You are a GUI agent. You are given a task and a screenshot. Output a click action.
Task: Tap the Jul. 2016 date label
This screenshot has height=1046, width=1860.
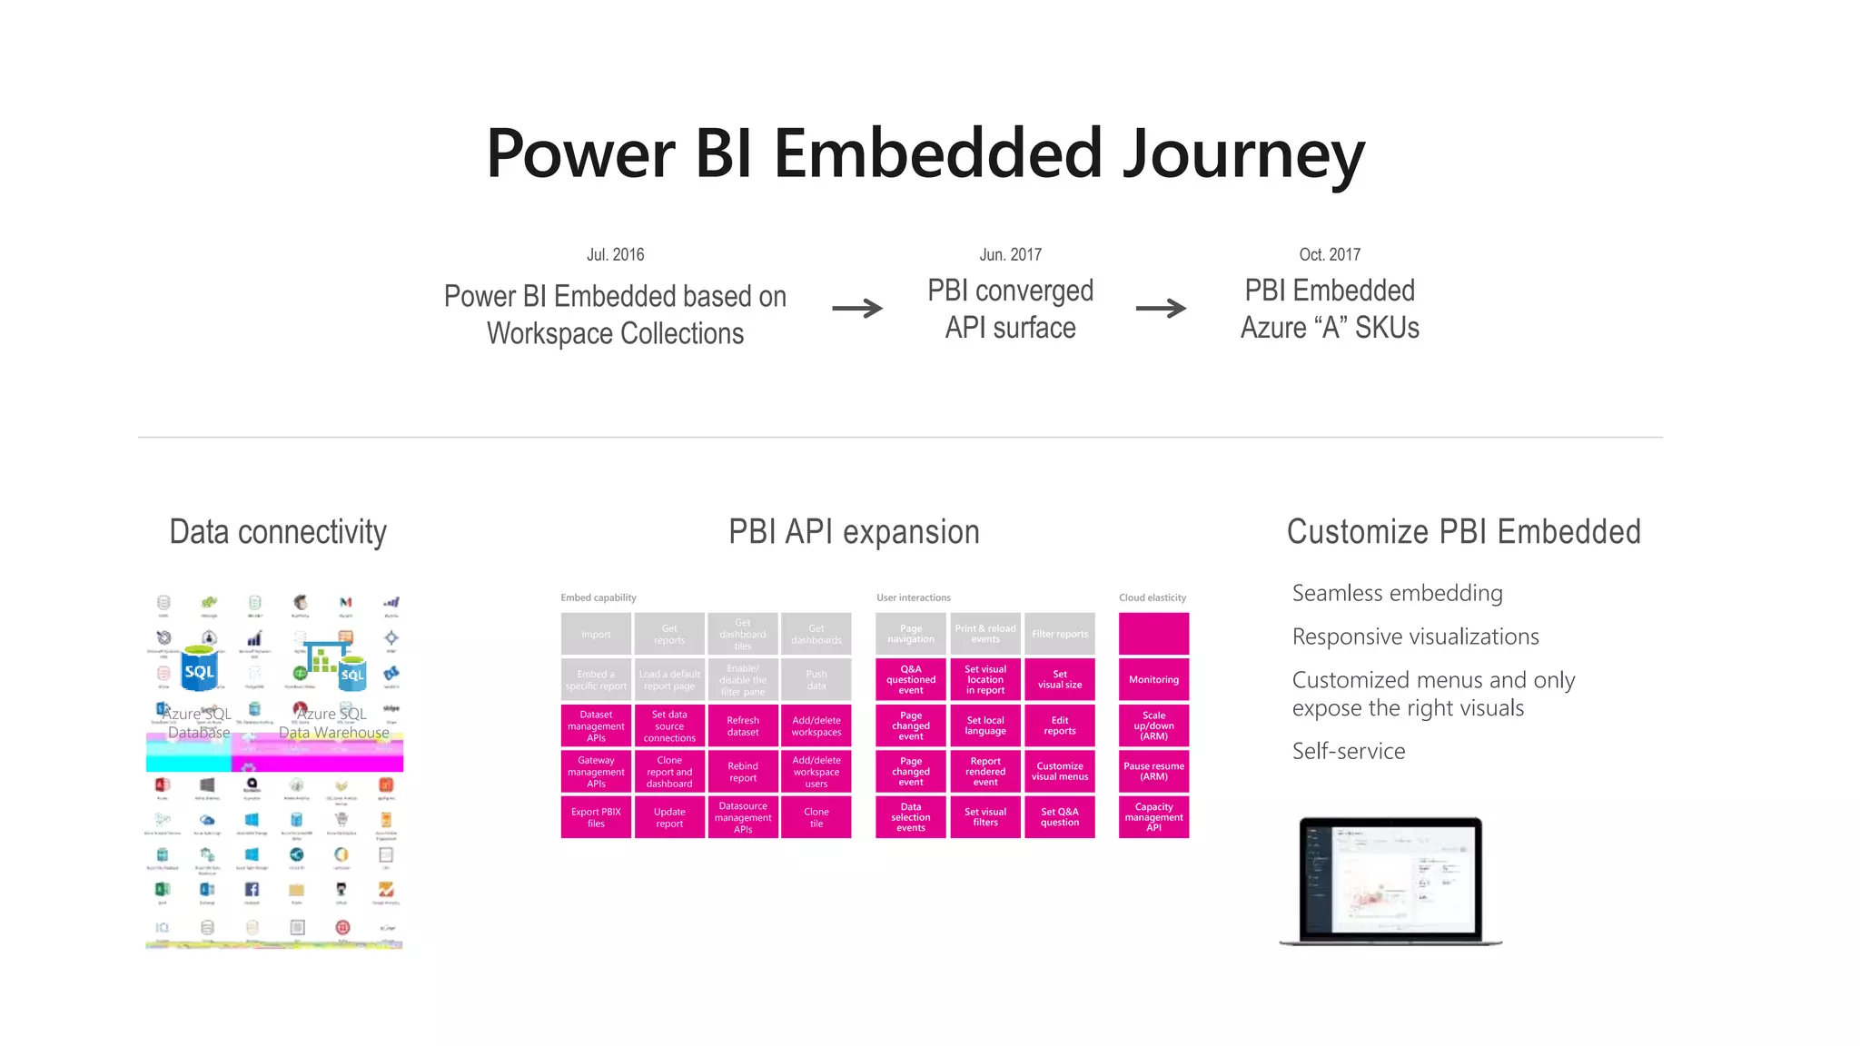[x=615, y=254]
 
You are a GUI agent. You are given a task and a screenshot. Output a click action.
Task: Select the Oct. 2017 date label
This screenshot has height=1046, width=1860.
[x=1330, y=254]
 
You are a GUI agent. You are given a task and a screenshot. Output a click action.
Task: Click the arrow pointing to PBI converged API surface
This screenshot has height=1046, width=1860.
[x=857, y=309]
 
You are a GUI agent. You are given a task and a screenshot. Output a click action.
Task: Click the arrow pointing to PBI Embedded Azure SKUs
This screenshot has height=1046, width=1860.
[x=1161, y=309]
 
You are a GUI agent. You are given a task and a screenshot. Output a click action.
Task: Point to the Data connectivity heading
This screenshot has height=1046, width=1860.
[x=278, y=532]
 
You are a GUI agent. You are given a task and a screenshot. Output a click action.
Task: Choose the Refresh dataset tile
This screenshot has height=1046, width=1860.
[x=743, y=725]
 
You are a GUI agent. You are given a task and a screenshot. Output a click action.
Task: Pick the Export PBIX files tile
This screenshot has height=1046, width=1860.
[x=596, y=817]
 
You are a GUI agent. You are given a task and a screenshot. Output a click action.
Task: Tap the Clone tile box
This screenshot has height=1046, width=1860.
[x=816, y=817]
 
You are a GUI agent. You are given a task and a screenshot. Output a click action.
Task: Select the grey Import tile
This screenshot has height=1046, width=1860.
[x=596, y=634]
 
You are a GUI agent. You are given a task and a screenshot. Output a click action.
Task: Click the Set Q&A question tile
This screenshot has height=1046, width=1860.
[x=1060, y=817]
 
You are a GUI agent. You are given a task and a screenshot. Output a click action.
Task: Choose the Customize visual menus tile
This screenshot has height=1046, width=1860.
[x=1060, y=771]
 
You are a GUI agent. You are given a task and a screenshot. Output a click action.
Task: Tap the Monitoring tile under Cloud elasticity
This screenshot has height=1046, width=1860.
[x=1153, y=679]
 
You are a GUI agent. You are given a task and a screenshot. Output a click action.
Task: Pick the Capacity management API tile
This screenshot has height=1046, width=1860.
[x=1153, y=817]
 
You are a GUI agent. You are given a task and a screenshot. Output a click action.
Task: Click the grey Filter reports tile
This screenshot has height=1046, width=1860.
[x=1060, y=634]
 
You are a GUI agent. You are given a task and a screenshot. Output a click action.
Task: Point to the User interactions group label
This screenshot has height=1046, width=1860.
[x=913, y=597]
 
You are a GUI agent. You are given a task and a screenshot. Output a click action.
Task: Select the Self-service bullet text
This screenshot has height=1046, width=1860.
[x=1349, y=751]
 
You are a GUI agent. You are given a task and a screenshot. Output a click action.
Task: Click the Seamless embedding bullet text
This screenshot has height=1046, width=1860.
[x=1397, y=593]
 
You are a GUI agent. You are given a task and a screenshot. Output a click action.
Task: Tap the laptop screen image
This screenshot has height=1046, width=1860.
[x=1390, y=878]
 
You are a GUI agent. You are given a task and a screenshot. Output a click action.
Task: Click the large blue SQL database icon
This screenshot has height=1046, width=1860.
[x=199, y=673]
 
